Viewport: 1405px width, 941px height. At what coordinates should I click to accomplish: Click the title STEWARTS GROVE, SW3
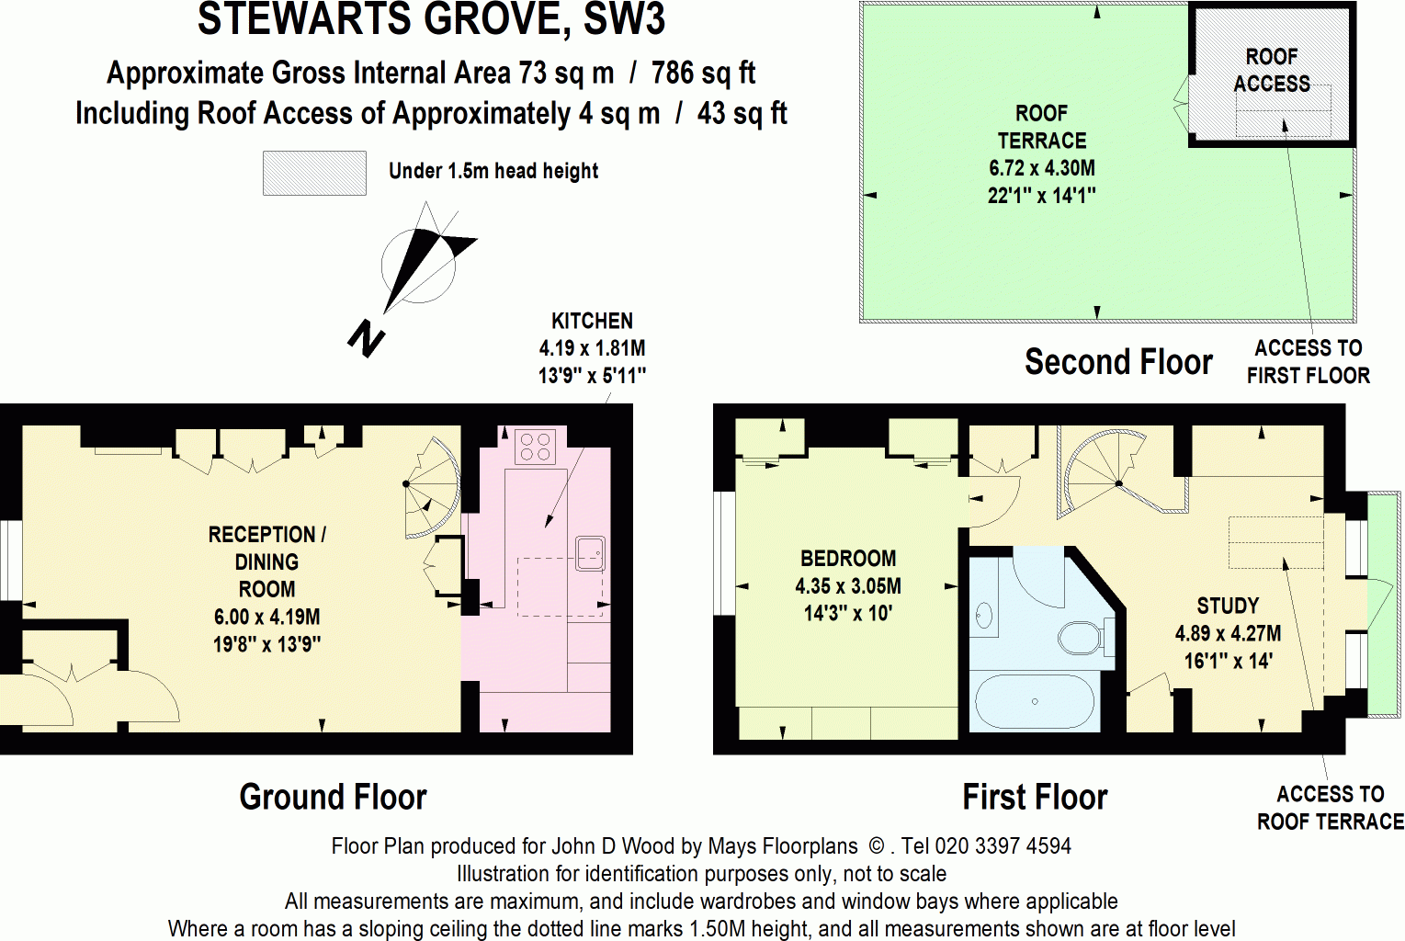coord(431,20)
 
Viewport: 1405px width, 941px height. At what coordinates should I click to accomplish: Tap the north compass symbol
coord(419,266)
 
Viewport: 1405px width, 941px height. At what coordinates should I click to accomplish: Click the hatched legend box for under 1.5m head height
coord(314,173)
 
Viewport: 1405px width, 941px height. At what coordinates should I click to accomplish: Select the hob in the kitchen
coord(534,447)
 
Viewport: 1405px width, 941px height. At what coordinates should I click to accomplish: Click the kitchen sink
coord(589,551)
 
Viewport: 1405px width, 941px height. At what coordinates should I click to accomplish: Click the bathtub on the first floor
coord(1035,702)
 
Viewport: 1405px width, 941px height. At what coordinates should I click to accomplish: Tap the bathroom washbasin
coord(985,617)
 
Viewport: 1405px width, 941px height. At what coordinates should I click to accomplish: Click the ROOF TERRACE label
coord(1041,127)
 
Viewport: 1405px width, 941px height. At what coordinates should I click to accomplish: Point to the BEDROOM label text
coord(847,559)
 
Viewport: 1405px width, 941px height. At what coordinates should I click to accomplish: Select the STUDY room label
coord(1227,606)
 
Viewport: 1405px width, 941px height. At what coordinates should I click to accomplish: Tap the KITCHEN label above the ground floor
coord(592,321)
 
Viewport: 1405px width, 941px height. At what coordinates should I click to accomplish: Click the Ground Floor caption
coord(333,797)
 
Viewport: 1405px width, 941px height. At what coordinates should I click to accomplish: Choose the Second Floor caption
coord(1118,362)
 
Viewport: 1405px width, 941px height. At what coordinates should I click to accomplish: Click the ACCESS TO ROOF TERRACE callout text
coord(1330,808)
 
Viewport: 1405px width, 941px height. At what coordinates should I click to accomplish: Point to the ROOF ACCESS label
coord(1271,70)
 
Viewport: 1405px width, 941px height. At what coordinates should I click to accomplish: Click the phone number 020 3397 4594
coord(1003,845)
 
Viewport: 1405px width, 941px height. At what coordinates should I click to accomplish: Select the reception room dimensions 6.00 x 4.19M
coord(266,617)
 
